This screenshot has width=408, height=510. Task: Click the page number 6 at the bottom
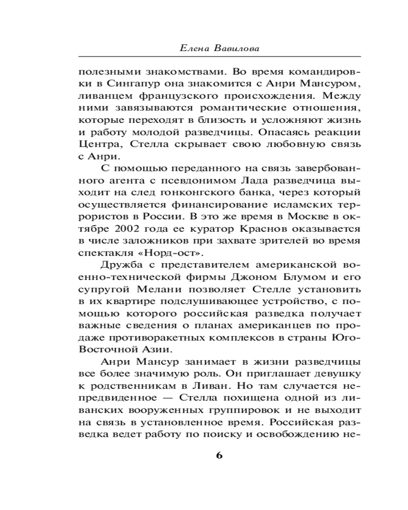coord(219,455)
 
